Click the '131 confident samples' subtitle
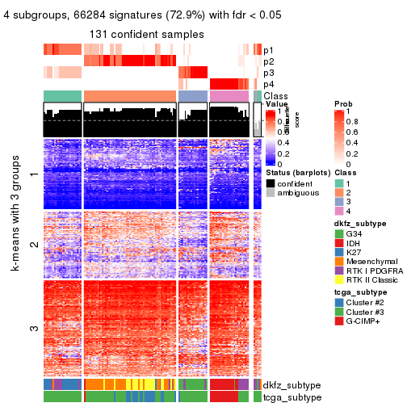[147, 35]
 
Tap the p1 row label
[268, 50]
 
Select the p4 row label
[268, 84]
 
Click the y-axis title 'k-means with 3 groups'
[15, 242]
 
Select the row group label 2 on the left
[33, 243]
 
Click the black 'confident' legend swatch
[271, 183]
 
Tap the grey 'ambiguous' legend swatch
[271, 194]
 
